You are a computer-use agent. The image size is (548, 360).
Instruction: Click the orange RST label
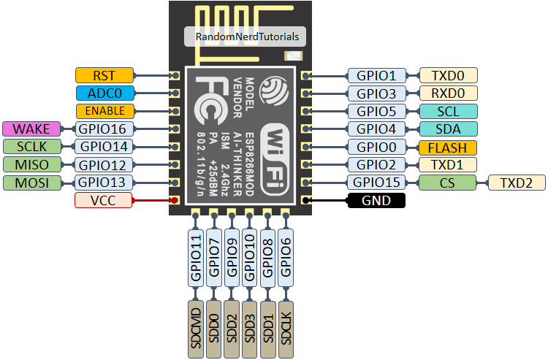pyautogui.click(x=105, y=74)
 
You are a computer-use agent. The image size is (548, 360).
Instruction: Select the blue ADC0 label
pyautogui.click(x=105, y=93)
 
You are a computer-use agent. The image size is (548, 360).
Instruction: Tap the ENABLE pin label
pyautogui.click(x=105, y=111)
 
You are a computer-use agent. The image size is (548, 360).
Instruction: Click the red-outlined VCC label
pyautogui.click(x=104, y=200)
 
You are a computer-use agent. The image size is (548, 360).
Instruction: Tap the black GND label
pyautogui.click(x=376, y=200)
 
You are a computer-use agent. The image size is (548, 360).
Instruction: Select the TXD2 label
pyautogui.click(x=517, y=183)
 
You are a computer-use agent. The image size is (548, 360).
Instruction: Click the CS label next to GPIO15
pyautogui.click(x=446, y=183)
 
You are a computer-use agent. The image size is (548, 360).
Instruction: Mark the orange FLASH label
pyautogui.click(x=446, y=147)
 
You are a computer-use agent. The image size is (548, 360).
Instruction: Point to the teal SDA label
pyautogui.click(x=446, y=129)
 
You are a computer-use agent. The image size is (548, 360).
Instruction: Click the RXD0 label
pyautogui.click(x=446, y=93)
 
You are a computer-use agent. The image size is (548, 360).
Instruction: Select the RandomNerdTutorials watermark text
pyautogui.click(x=247, y=37)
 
